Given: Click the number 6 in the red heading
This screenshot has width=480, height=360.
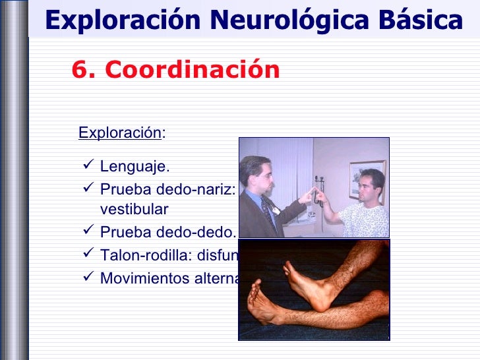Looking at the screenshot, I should tap(79, 69).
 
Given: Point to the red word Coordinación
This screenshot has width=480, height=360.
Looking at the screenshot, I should tap(192, 69).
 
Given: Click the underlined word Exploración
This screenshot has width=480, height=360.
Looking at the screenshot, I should tap(119, 133).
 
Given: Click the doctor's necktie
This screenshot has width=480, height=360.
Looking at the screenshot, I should tap(267, 210).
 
